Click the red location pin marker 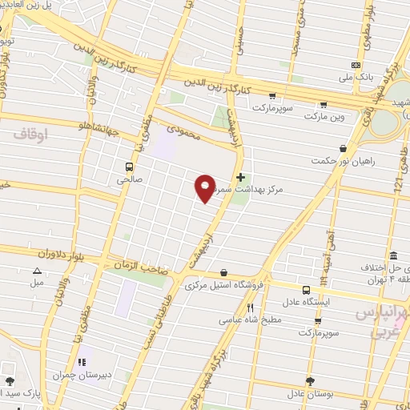[205, 187]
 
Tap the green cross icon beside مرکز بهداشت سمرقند [240, 176]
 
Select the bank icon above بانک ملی [356, 66]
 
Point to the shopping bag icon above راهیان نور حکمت [344, 148]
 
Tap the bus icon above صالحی [128, 167]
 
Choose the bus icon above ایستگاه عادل [307, 290]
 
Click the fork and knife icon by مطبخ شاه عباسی [250, 307]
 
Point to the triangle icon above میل [37, 272]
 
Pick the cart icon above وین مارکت [323, 103]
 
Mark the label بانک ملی [356, 78]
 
